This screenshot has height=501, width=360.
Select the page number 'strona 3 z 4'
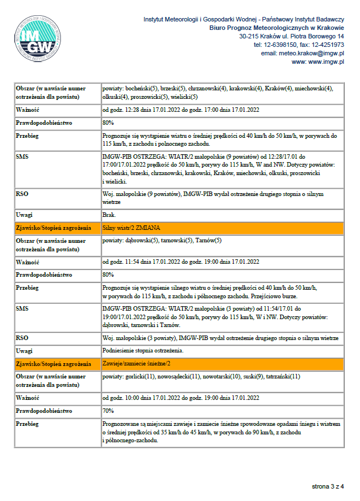(328, 486)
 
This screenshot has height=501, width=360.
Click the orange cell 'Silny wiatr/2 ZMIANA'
(131, 228)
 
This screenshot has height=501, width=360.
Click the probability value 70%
(108, 411)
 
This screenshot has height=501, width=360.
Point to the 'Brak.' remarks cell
(109, 215)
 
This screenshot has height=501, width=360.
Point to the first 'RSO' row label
(23, 194)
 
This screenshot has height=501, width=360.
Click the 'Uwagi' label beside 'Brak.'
(25, 215)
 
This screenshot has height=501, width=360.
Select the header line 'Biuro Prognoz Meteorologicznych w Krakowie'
(276, 27)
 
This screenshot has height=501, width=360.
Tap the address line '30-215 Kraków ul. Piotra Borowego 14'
(291, 36)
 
